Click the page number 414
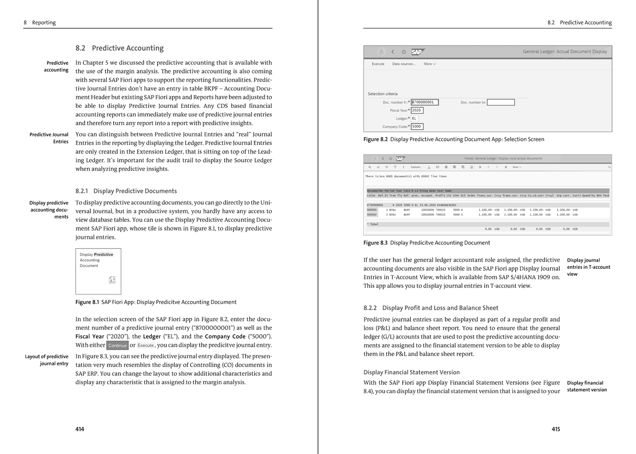click(79, 429)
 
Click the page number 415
click(556, 429)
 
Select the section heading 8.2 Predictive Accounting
click(119, 48)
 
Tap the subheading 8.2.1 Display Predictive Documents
click(126, 191)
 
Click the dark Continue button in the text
click(117, 345)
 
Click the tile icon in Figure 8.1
click(112, 280)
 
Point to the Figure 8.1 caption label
click(87, 302)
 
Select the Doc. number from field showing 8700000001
click(425, 102)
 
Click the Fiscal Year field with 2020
click(417, 110)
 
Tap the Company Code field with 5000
click(417, 126)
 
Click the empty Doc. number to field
click(500, 102)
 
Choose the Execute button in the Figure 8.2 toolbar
click(378, 64)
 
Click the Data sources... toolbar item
click(404, 64)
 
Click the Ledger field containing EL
click(414, 118)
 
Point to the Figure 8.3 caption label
click(375, 243)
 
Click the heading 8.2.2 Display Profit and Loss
click(430, 308)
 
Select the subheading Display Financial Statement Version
click(411, 372)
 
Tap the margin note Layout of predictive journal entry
click(47, 360)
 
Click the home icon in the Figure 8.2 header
click(403, 52)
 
